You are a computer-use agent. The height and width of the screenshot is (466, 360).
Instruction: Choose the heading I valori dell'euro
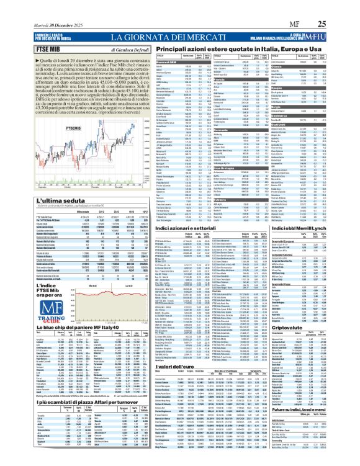point(186,367)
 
